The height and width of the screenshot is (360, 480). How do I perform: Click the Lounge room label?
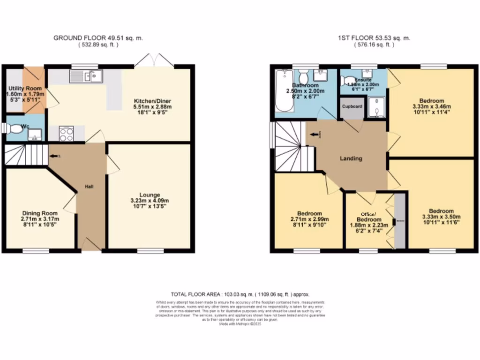coord(150,195)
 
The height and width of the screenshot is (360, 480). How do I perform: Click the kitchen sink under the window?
coord(86,76)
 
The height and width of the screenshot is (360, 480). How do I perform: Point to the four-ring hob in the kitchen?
coord(66,134)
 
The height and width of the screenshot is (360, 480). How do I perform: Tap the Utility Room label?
coord(25,88)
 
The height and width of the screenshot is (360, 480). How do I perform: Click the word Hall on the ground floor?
coord(89,187)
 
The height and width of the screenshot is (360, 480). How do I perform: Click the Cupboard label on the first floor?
coord(352,107)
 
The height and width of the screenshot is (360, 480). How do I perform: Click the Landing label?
coord(351,158)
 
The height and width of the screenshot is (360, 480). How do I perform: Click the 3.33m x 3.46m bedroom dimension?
coord(432,107)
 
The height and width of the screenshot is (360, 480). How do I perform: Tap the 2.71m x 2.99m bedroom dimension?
coord(309,219)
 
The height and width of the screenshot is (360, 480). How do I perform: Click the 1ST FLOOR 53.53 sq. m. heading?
coord(374,38)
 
